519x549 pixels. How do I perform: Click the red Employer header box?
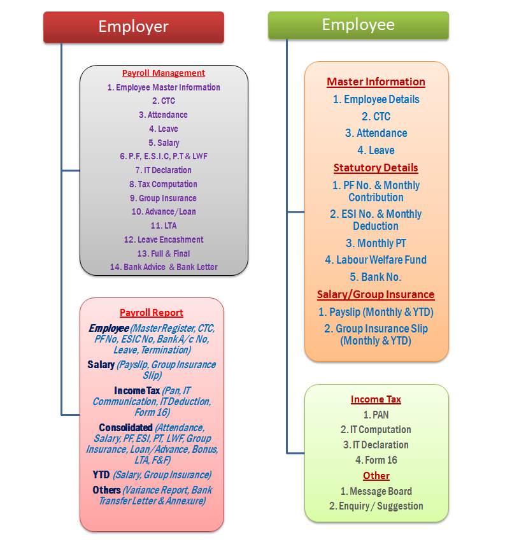(133, 27)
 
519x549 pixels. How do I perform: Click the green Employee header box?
(358, 25)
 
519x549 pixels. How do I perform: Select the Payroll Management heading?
(164, 73)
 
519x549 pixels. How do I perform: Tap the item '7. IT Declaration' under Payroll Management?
(164, 171)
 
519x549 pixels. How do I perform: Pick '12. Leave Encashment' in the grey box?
(164, 240)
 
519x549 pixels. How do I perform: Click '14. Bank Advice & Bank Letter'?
(164, 267)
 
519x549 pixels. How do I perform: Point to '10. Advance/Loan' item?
(164, 212)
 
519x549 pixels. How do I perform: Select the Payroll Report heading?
(152, 313)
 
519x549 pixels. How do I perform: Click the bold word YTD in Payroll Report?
(101, 475)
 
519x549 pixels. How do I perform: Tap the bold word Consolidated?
(125, 428)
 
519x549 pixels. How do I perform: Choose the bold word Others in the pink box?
(106, 490)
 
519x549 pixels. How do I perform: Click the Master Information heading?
(376, 82)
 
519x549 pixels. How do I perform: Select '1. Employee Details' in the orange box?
(376, 99)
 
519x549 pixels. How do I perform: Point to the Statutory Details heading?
(376, 168)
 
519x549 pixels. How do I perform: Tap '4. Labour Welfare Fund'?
(376, 260)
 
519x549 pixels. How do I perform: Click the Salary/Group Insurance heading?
(376, 295)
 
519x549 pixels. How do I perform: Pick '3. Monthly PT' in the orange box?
(376, 243)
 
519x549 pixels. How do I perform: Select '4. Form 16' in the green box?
(376, 460)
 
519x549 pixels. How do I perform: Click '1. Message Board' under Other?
(376, 492)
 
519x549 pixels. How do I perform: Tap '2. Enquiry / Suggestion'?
(376, 506)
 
